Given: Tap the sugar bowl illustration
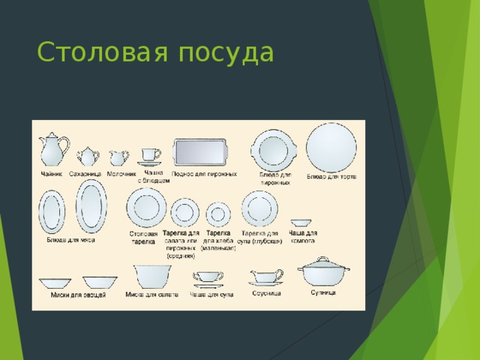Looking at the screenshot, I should click(x=88, y=156).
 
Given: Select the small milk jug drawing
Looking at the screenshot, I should click(x=118, y=157).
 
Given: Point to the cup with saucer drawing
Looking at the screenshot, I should click(x=149, y=155).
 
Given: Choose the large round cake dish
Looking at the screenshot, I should click(x=331, y=148).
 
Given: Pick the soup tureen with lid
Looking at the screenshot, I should click(x=323, y=271).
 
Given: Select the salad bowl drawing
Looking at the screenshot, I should click(x=152, y=277).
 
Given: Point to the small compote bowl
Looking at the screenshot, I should click(x=301, y=223).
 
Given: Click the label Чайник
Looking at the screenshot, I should click(x=52, y=174).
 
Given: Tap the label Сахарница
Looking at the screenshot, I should click(x=85, y=174).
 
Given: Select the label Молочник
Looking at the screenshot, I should click(x=121, y=174).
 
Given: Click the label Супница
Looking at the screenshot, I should click(x=323, y=292).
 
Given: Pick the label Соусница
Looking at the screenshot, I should click(x=266, y=293).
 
